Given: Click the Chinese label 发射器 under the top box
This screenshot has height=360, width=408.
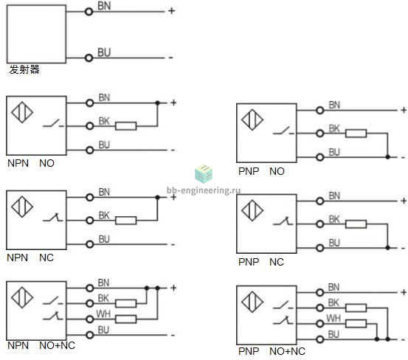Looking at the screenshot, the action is (x=24, y=69).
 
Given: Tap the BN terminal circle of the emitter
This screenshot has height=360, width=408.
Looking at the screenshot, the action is (x=89, y=12).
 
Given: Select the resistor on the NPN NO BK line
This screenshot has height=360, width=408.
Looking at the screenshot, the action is (x=125, y=126).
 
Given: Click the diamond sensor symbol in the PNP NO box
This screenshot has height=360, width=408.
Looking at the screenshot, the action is (x=252, y=120).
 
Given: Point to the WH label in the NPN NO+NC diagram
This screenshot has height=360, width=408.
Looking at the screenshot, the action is (x=103, y=314).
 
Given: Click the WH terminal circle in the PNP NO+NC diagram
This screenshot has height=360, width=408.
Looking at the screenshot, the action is (x=319, y=324).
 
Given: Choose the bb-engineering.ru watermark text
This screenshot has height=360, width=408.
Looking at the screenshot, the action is (x=204, y=190).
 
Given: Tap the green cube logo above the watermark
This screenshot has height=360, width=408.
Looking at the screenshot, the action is (x=204, y=173).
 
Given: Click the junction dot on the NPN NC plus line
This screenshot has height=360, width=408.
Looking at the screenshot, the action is (x=157, y=198).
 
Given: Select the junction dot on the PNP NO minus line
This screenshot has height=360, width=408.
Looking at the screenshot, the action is (x=387, y=157).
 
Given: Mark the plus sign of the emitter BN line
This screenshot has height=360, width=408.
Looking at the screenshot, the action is (x=171, y=11).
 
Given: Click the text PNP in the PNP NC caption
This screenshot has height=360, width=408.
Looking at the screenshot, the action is (x=249, y=262).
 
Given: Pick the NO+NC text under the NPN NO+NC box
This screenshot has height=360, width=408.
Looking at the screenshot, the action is (x=58, y=345).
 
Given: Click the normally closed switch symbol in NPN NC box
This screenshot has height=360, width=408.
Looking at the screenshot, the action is (x=53, y=218).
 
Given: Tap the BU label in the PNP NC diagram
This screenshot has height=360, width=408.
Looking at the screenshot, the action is (x=334, y=243).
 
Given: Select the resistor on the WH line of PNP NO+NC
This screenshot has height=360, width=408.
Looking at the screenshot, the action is (x=356, y=324).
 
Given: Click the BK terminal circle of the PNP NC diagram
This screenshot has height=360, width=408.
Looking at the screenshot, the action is (x=319, y=224).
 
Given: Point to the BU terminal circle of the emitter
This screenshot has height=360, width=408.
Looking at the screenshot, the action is (x=89, y=58).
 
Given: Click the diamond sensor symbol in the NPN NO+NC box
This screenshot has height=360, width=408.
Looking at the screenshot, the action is (x=22, y=297).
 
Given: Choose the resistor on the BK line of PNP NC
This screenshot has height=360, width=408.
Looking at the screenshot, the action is (x=356, y=224).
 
